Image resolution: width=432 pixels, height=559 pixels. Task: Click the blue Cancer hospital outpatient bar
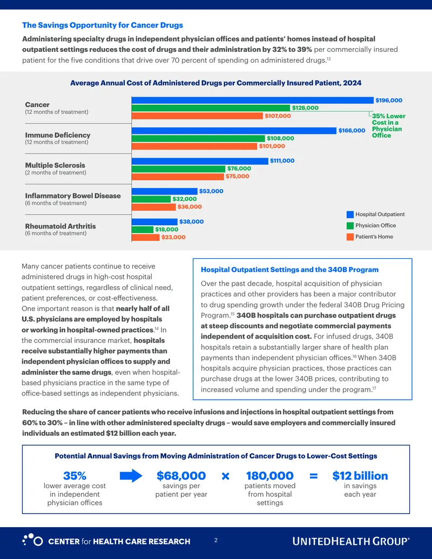(x=252, y=100)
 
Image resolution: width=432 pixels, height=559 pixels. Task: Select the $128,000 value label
(x=305, y=107)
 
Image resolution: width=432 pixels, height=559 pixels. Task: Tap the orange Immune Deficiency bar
(x=194, y=146)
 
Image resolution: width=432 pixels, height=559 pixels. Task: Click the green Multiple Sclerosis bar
(x=178, y=169)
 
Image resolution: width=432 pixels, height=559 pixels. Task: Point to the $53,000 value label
(x=211, y=191)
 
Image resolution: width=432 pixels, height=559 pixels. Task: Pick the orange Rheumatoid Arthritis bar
(x=145, y=237)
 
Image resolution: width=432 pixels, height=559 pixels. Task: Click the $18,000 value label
(x=166, y=230)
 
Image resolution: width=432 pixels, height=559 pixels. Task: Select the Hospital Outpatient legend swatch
(x=350, y=214)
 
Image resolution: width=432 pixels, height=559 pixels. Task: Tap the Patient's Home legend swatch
(x=350, y=237)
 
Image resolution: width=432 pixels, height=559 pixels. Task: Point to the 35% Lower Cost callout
(x=388, y=126)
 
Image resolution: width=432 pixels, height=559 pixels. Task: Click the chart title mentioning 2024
(x=215, y=83)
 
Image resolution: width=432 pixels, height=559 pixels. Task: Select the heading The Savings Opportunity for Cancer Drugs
(x=102, y=25)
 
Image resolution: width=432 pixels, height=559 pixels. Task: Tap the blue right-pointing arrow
(x=131, y=476)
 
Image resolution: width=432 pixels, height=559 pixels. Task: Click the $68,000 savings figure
(x=181, y=476)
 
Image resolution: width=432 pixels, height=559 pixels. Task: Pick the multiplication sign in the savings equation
(x=225, y=476)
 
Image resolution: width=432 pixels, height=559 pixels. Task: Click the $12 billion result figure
(x=360, y=476)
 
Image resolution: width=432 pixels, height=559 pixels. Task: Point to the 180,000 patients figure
(x=270, y=476)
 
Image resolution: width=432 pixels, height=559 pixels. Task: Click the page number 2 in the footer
(x=215, y=541)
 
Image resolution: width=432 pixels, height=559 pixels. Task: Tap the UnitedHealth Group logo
(x=351, y=541)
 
